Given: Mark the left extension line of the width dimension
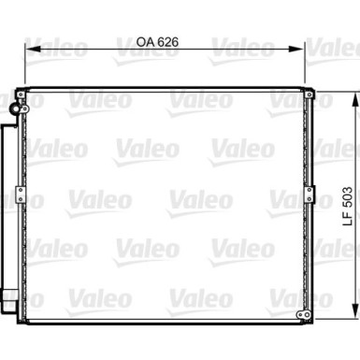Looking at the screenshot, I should tap(24, 65).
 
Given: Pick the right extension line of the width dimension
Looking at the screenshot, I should tap(304, 65).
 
